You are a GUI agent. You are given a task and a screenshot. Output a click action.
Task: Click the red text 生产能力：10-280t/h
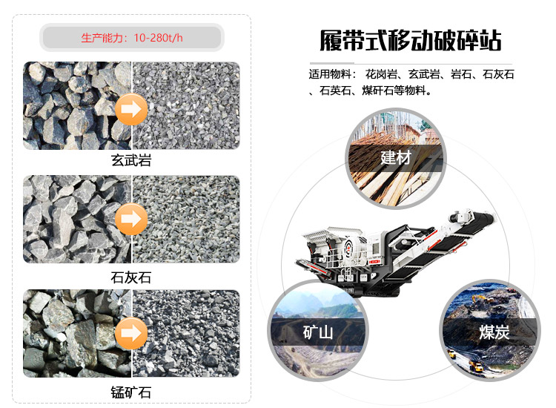coord(131,38)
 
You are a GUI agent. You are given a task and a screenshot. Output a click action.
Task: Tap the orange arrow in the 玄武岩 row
coord(130,110)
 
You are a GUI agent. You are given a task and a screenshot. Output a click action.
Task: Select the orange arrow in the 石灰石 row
coord(130,219)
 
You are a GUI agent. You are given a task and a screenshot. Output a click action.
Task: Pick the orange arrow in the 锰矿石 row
coord(130,332)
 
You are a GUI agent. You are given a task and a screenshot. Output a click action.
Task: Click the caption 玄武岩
coord(131,160)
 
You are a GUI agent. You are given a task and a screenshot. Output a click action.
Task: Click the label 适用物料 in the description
coord(329,75)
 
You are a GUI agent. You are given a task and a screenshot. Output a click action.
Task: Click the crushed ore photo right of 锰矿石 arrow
coord(185,332)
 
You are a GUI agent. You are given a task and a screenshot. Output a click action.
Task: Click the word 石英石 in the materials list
coord(335,91)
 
